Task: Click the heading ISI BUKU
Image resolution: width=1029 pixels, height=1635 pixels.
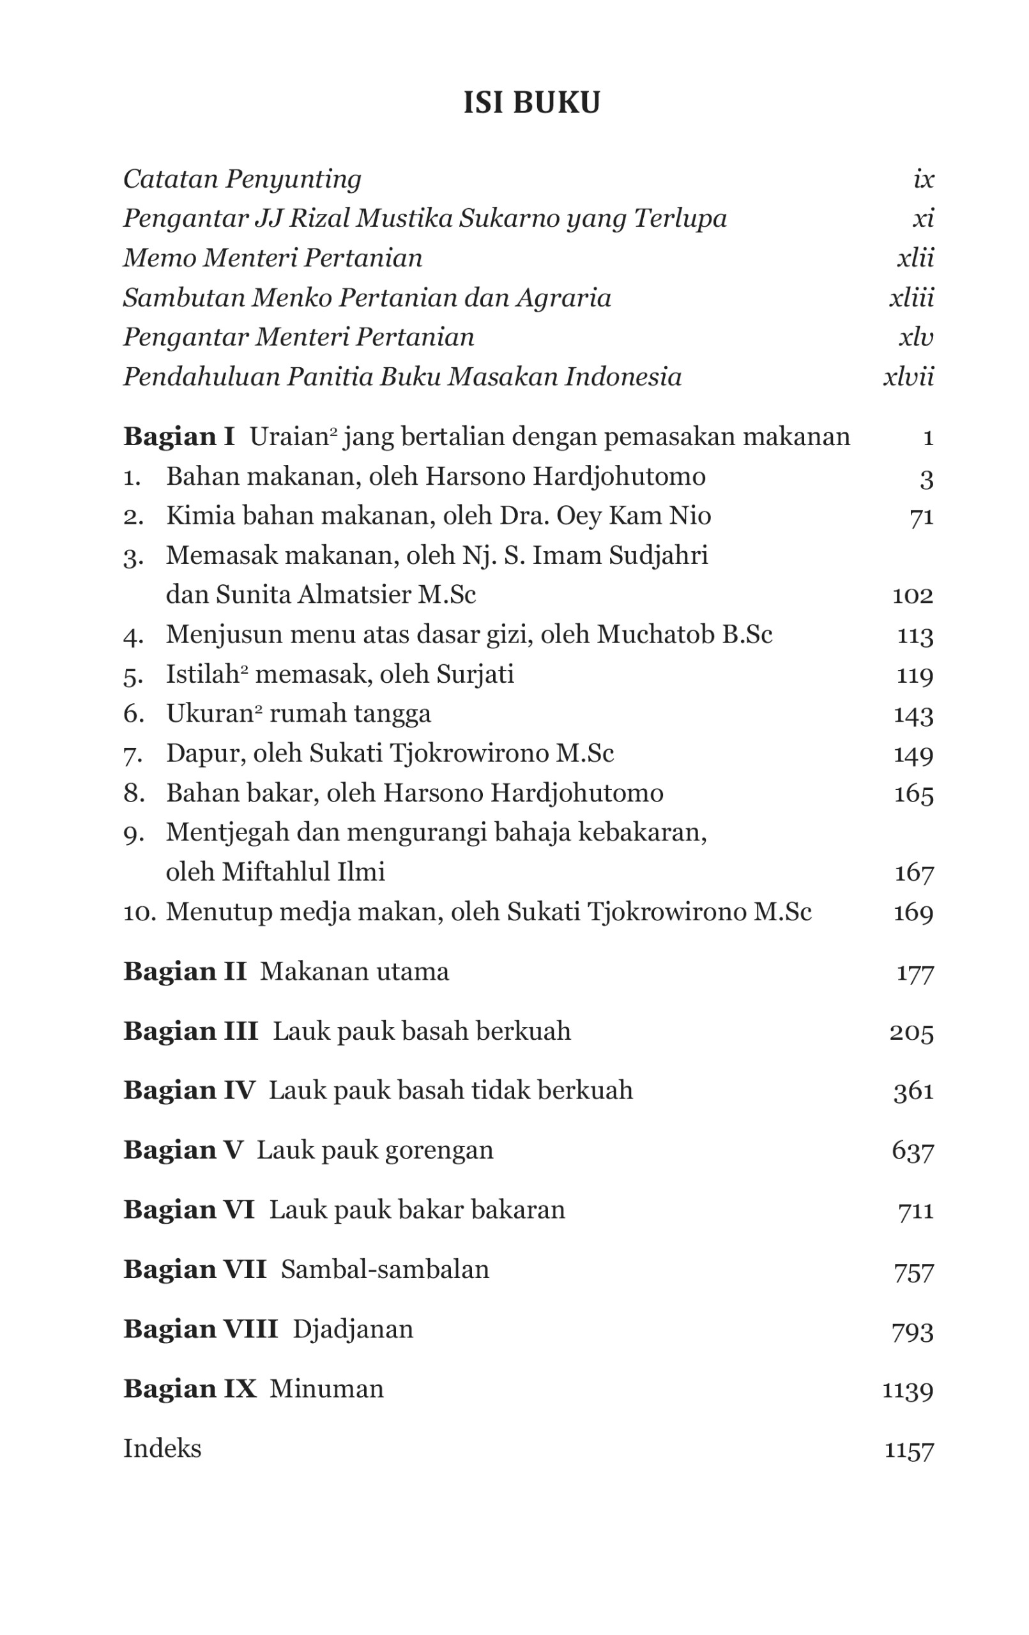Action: point(531,103)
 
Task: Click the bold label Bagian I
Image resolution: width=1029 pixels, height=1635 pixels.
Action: point(179,436)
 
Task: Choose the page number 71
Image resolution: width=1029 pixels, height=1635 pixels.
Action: point(921,517)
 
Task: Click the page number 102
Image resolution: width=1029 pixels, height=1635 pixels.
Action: point(912,595)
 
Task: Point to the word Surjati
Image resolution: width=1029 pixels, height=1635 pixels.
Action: point(475,674)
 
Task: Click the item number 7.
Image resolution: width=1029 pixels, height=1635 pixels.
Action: point(133,754)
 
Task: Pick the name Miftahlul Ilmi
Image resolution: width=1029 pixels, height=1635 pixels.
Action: point(303,872)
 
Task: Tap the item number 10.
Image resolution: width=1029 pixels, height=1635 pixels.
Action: point(139,912)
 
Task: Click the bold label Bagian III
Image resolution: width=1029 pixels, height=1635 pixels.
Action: point(190,1031)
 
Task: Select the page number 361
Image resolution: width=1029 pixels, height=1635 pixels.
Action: point(913,1091)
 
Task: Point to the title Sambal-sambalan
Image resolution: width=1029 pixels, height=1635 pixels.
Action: point(385,1269)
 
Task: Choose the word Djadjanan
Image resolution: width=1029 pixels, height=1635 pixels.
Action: point(353,1329)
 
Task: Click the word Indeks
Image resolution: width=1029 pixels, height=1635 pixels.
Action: point(162,1449)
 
